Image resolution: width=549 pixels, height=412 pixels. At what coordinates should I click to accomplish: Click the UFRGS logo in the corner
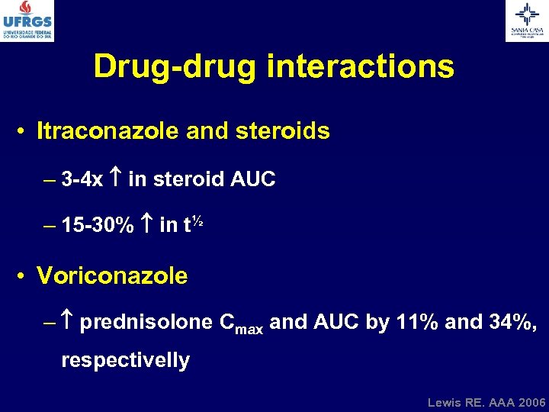(x=27, y=21)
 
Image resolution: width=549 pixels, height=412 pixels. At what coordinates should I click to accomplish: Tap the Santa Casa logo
(x=526, y=21)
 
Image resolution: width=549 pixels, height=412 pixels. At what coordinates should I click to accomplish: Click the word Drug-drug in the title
(x=176, y=66)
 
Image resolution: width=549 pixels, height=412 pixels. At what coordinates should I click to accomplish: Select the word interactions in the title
(x=361, y=66)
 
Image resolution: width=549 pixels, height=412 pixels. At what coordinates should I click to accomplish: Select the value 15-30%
(x=98, y=226)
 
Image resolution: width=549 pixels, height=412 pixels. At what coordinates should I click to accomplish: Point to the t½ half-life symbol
(x=192, y=224)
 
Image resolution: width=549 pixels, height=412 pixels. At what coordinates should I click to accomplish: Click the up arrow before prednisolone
(x=68, y=322)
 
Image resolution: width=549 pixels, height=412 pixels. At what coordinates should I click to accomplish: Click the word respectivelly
(x=125, y=360)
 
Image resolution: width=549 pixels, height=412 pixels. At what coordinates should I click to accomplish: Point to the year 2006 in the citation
(x=531, y=401)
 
